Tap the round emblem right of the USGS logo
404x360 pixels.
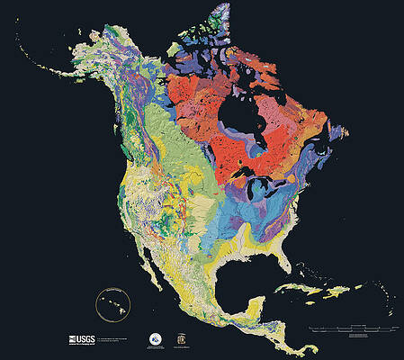(x=155, y=338)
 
